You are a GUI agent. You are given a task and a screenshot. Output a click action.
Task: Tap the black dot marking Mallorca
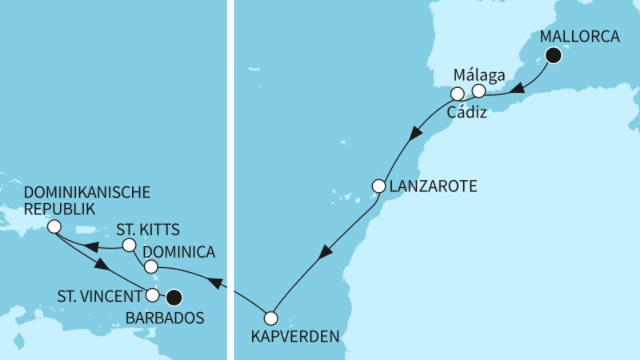(553, 55)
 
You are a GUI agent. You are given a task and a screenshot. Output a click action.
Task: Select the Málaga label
(478, 76)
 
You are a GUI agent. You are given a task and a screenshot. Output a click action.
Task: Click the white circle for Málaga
(478, 91)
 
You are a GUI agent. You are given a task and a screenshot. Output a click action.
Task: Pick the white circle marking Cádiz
(457, 94)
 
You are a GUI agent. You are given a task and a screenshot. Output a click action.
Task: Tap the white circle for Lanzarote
(379, 186)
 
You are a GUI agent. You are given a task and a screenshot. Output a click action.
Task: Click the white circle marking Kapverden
(271, 316)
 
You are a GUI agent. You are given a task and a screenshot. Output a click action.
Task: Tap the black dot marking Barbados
(174, 298)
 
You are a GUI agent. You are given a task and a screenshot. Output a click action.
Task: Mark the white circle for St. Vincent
(152, 295)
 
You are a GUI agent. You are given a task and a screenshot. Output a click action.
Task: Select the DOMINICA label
(181, 253)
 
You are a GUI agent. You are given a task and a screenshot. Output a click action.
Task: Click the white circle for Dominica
(150, 265)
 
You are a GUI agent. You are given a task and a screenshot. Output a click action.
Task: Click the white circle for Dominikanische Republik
(54, 227)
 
